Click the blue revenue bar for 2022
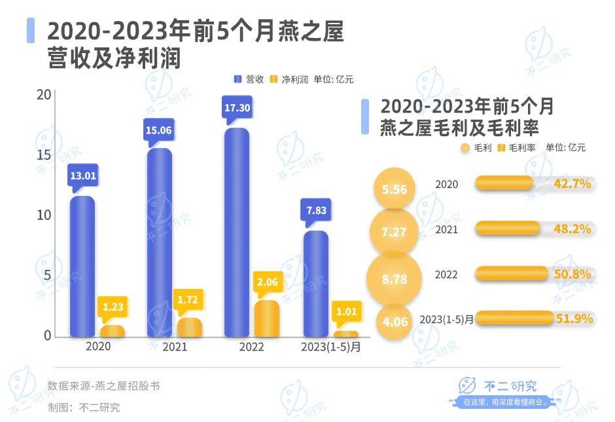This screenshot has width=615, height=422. pos(237,233)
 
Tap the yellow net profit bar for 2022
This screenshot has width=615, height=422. pos(267,318)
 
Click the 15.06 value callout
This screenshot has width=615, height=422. pos(159,130)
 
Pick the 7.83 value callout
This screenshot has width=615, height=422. pos(316,210)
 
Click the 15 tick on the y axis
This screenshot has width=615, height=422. pos(43,155)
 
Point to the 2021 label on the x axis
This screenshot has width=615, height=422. pos(173,347)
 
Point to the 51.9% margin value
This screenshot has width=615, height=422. pos(574,319)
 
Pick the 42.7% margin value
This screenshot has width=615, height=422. pos(572,184)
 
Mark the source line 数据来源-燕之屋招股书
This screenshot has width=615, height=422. pos(103,386)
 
